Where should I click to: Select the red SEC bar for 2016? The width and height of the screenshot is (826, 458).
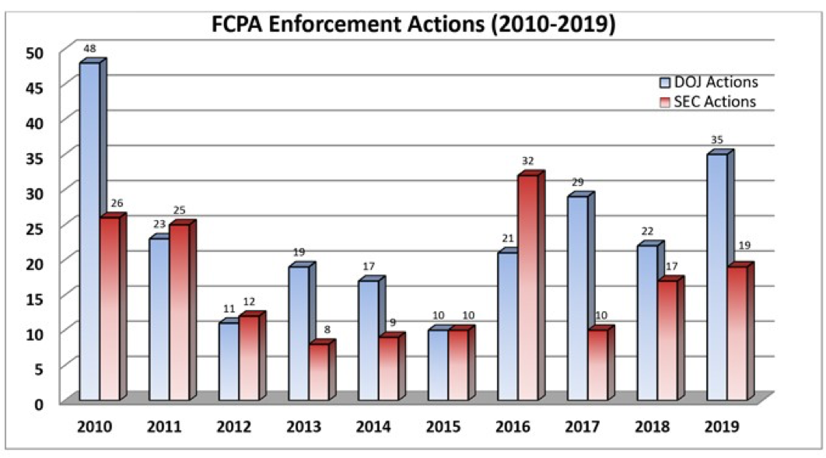pos(527,288)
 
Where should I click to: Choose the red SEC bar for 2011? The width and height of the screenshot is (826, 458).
pos(179,312)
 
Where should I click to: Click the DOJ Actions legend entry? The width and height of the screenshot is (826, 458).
pos(705,82)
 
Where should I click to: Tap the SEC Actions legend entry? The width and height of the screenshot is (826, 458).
pos(705,101)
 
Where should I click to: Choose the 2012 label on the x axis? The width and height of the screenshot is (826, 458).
pos(233,427)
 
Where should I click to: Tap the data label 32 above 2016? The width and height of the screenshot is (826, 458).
pos(528,161)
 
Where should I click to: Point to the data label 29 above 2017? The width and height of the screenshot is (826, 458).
pos(577,182)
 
